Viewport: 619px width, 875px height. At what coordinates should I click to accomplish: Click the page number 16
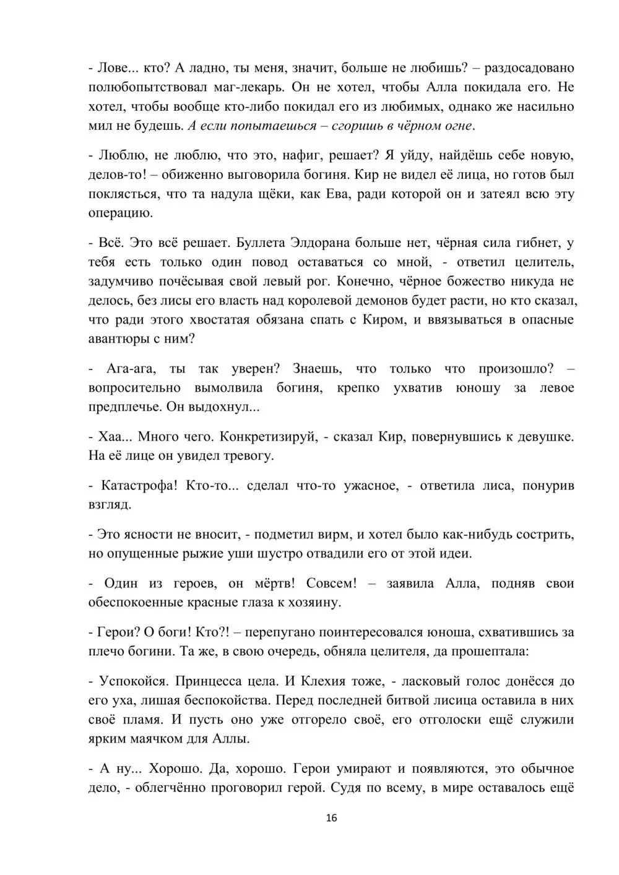point(331,818)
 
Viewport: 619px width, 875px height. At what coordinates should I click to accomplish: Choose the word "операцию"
point(119,213)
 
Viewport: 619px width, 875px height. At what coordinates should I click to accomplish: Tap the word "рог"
point(319,281)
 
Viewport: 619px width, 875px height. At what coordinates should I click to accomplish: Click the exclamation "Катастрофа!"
point(139,485)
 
